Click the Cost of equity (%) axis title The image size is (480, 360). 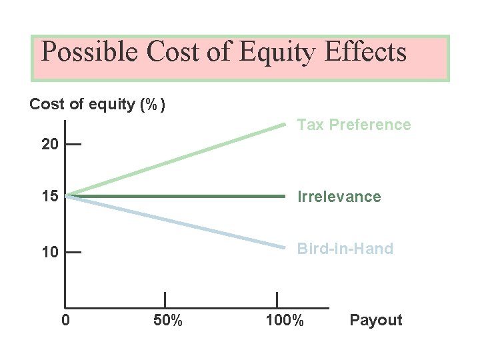(98, 105)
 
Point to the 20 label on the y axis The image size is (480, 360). (50, 145)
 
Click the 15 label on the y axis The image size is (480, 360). (50, 197)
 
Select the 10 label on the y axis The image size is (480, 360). (50, 252)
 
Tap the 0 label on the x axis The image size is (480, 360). (65, 321)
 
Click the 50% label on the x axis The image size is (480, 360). (167, 321)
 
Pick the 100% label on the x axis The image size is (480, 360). (285, 321)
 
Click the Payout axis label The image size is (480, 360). (376, 321)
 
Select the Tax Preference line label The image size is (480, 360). (354, 125)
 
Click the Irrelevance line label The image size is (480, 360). (339, 197)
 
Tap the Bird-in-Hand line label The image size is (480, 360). (345, 249)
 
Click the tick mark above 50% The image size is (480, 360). (165, 300)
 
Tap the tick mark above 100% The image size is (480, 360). (277, 300)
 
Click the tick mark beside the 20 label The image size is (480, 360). (73, 144)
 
